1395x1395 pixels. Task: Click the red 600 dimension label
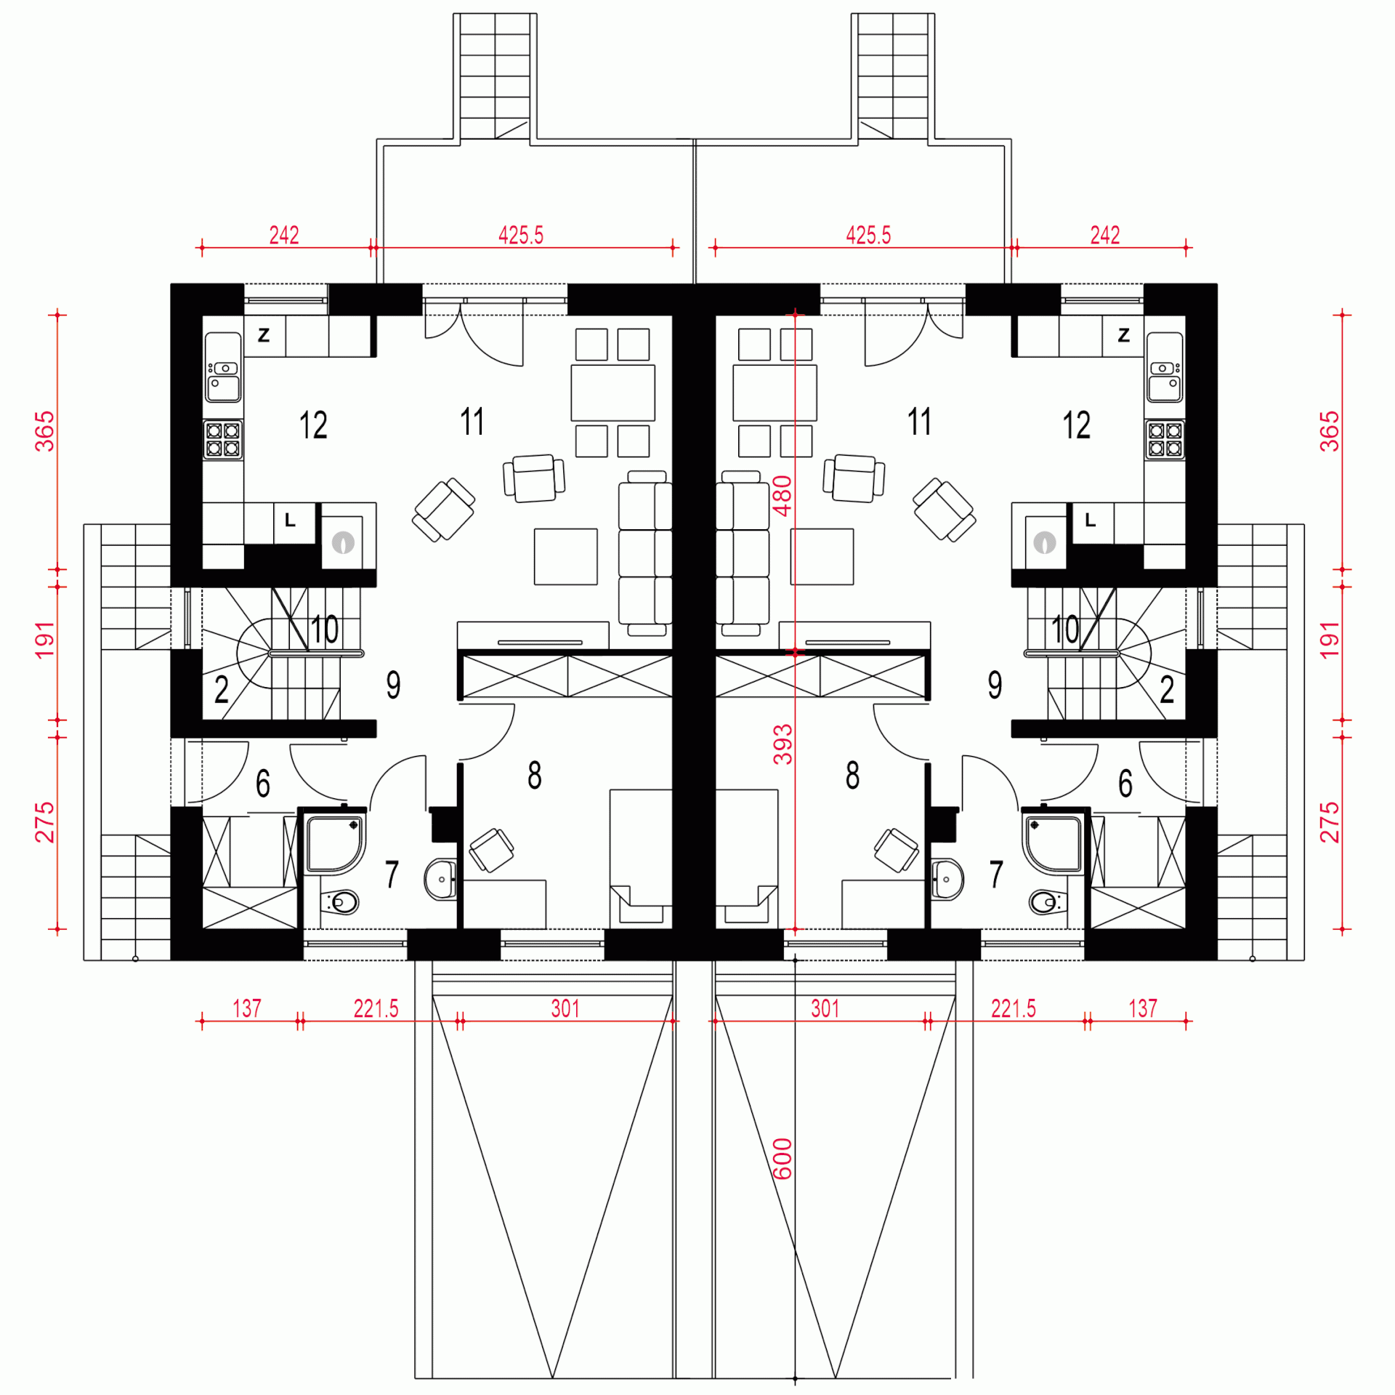tap(782, 1159)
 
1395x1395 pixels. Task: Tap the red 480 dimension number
tap(782, 496)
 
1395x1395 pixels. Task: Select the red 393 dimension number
tap(782, 744)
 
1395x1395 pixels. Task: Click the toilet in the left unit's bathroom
tap(339, 903)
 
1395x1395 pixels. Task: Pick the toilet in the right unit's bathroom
tap(1048, 903)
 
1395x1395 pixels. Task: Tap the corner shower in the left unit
tap(336, 844)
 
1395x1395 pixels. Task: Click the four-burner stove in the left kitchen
tap(223, 439)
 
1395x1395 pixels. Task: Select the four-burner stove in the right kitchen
tap(1165, 439)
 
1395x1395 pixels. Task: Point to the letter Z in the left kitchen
tap(264, 335)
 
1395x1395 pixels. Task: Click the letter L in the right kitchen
tap(1090, 520)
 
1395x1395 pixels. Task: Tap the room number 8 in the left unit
tap(535, 775)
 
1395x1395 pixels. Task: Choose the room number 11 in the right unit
tap(919, 422)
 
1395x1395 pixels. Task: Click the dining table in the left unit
tap(612, 393)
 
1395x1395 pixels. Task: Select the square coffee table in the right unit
tap(822, 557)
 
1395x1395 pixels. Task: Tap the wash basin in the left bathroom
tap(440, 880)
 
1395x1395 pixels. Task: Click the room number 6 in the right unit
tap(1125, 783)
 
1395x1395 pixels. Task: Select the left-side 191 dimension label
tap(45, 640)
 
